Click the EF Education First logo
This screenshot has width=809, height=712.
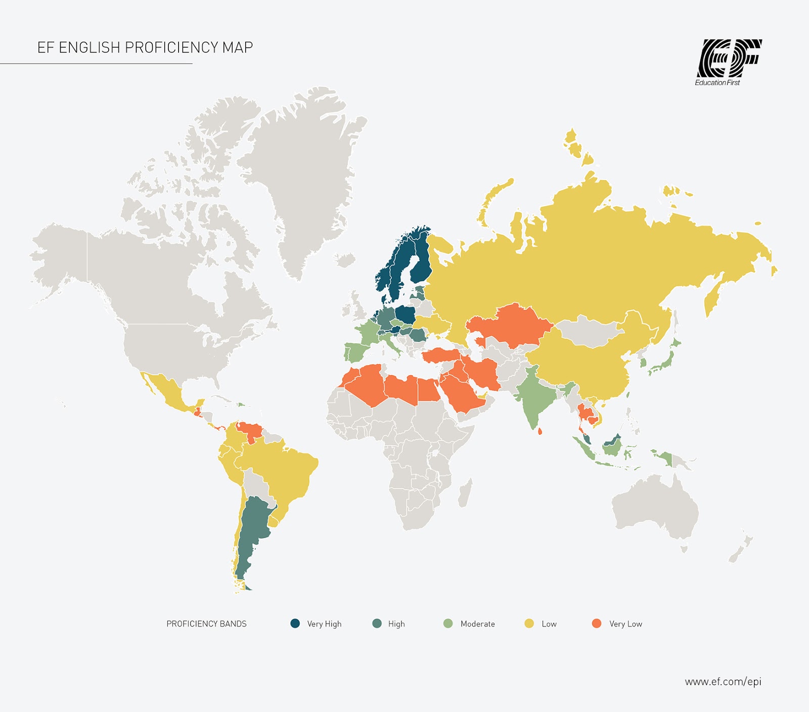728,62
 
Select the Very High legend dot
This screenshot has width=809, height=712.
295,623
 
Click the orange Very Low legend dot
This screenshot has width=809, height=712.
597,623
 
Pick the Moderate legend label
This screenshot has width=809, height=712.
477,624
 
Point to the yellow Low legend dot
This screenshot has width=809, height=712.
529,623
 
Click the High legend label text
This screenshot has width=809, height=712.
396,624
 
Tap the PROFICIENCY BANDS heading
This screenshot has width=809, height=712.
206,624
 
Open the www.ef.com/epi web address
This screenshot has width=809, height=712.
723,682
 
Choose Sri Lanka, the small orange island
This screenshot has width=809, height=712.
540,431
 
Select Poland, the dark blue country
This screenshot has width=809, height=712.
406,314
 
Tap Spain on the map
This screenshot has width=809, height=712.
355,351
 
